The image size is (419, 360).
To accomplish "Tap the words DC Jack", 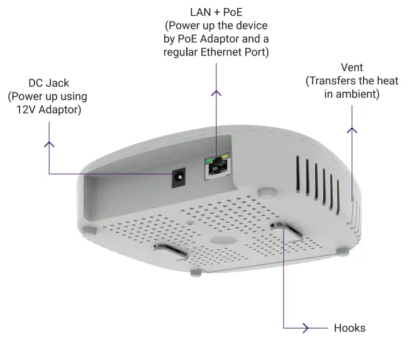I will click(x=48, y=83).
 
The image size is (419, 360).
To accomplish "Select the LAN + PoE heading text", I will click(x=216, y=12).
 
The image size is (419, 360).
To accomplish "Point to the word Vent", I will click(x=352, y=67).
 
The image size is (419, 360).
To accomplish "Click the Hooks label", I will click(x=349, y=328).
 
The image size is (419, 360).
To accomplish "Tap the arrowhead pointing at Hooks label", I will click(x=306, y=328).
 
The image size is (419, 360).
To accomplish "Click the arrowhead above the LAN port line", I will click(x=216, y=93).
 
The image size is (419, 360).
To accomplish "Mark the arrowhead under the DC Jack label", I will click(x=48, y=143).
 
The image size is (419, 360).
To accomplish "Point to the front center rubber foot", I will click(x=196, y=272).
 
